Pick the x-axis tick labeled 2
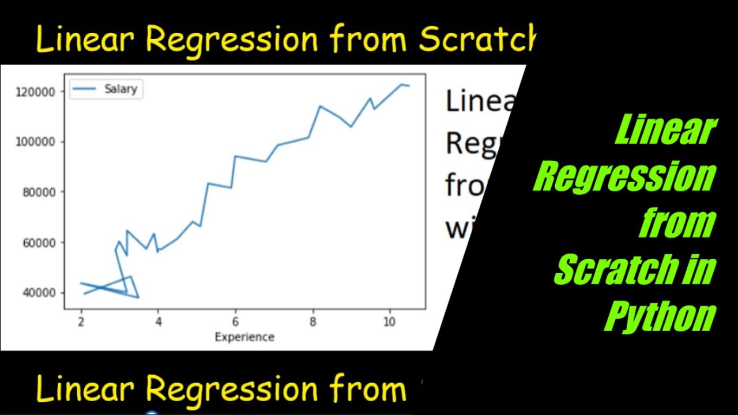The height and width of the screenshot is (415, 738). pos(81,322)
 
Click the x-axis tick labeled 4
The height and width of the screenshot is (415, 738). pos(158,322)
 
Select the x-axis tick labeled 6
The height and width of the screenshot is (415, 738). pos(235,322)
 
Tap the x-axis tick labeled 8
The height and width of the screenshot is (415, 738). pos(312,322)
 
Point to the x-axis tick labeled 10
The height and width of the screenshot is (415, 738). pos(390,322)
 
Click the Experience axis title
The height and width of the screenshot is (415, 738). pos(244,337)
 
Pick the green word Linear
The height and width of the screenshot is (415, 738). pos(666,130)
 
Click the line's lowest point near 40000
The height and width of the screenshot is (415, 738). pos(138,297)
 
